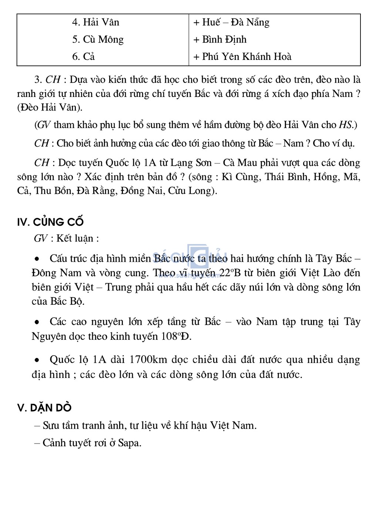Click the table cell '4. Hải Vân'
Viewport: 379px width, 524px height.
click(95, 22)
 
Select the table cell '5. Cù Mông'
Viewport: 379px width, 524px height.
click(98, 39)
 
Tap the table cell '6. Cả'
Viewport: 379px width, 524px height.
click(84, 56)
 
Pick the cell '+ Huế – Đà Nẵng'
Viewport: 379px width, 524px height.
click(231, 22)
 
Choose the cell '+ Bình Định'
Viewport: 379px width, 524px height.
click(220, 39)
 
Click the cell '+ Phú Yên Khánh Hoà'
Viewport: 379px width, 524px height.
click(242, 56)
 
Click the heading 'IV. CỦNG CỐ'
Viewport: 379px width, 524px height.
click(50, 222)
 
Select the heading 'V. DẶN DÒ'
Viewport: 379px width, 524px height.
click(44, 408)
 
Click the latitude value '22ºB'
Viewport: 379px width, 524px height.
click(230, 273)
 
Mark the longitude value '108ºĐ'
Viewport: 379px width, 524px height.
click(176, 337)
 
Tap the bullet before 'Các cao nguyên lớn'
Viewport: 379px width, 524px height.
click(37, 322)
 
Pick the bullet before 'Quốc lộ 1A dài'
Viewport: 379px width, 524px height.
click(37, 359)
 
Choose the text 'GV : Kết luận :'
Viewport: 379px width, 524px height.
click(66, 238)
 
